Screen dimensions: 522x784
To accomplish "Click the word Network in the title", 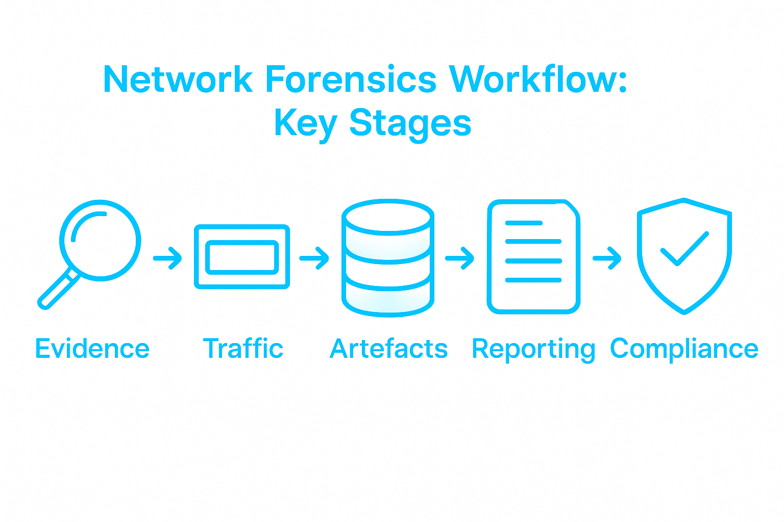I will (x=178, y=80).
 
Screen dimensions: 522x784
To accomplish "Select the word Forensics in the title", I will (x=351, y=80).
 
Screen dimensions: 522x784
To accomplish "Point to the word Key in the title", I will (x=305, y=123).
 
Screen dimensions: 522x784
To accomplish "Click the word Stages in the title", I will (x=410, y=123).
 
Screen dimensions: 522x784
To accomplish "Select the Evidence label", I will (x=92, y=349).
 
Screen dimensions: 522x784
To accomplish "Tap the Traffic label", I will (x=243, y=349).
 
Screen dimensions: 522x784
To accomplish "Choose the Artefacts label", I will (x=388, y=349).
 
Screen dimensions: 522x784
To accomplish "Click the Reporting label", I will (x=533, y=350).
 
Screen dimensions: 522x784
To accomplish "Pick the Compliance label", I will (x=684, y=349).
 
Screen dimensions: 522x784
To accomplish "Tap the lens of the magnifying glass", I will (x=101, y=240).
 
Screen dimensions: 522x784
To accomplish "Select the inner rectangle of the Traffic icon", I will (x=242, y=257).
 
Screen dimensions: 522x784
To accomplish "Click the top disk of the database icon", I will (x=388, y=217).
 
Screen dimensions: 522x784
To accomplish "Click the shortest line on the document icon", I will (x=523, y=223).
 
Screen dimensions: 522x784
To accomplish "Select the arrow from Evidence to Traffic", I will (x=168, y=258).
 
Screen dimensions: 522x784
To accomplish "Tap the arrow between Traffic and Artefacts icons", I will (x=314, y=258).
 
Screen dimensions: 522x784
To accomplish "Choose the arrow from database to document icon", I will (x=460, y=258).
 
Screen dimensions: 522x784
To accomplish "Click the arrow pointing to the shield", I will (x=607, y=258).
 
